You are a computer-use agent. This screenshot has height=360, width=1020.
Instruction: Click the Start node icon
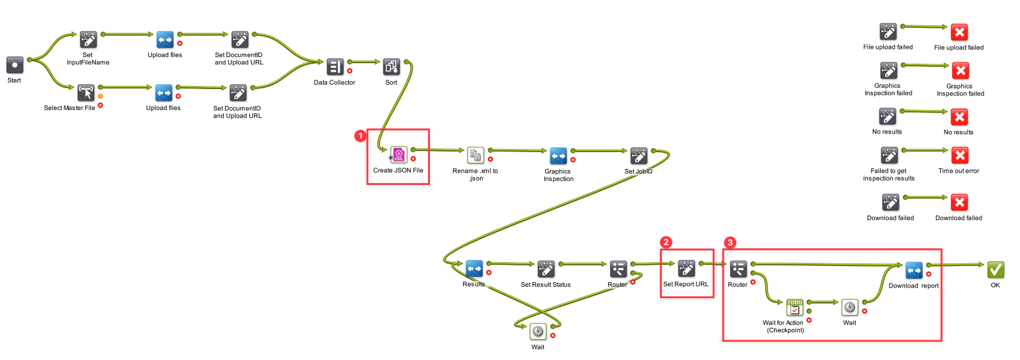click(15, 65)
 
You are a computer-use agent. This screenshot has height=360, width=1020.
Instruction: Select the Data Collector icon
click(335, 67)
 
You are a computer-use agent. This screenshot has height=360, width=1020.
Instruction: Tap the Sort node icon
click(392, 67)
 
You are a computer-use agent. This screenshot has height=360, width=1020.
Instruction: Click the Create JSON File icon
click(399, 155)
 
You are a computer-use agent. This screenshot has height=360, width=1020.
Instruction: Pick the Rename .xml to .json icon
click(475, 155)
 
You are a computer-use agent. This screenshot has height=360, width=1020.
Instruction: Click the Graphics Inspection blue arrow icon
click(558, 155)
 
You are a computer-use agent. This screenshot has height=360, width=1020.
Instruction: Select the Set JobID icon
click(638, 155)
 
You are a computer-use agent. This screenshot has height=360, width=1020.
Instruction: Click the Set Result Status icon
click(546, 268)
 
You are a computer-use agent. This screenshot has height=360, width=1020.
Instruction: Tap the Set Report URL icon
click(686, 268)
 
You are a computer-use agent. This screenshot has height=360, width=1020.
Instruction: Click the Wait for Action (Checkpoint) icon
click(794, 307)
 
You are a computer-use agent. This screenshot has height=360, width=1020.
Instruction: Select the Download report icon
click(914, 270)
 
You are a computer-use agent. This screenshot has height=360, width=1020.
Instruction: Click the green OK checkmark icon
click(995, 269)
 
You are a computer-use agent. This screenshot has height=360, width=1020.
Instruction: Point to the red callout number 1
click(361, 135)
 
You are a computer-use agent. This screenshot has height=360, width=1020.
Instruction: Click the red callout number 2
click(666, 242)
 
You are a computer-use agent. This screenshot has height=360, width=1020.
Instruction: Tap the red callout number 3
click(730, 242)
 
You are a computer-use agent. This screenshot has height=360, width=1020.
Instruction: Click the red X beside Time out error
click(959, 155)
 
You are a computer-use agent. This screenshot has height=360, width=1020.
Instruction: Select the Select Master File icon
click(86, 93)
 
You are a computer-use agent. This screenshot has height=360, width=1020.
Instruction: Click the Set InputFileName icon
click(88, 40)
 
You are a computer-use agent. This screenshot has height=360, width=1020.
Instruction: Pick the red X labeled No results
click(959, 117)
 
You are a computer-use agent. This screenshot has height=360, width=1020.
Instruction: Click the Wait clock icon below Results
click(538, 332)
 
